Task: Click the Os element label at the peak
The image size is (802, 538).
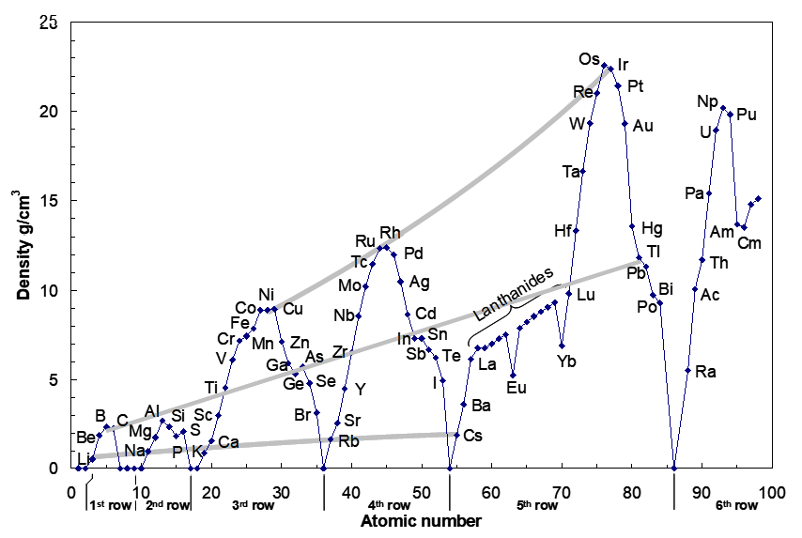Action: click(x=589, y=59)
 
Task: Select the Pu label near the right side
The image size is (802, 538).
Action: click(x=747, y=115)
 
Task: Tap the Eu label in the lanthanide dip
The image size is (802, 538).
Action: click(x=517, y=387)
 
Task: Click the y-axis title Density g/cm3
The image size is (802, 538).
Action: click(x=23, y=243)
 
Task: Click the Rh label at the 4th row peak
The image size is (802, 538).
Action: click(x=390, y=232)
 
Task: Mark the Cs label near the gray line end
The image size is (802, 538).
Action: click(x=473, y=436)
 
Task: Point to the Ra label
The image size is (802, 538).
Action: click(x=706, y=372)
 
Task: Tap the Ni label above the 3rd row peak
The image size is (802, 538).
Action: click(x=267, y=294)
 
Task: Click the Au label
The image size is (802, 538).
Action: click(x=643, y=126)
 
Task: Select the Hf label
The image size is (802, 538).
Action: click(x=563, y=230)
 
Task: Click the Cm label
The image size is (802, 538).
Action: click(x=749, y=243)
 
